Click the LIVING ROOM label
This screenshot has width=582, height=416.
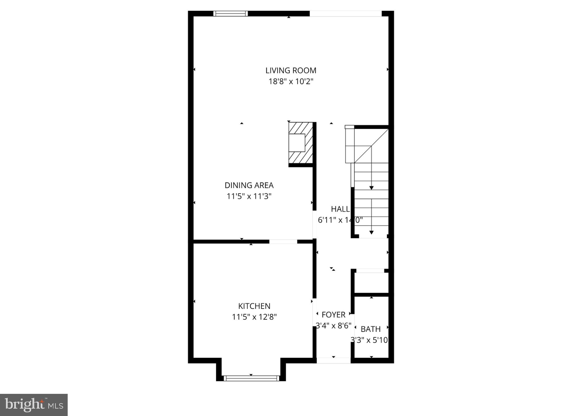point(291,70)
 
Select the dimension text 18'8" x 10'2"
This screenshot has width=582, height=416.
point(291,82)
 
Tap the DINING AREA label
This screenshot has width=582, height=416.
point(249,185)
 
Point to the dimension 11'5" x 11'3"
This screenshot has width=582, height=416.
point(249,196)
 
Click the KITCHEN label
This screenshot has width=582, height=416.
point(254,306)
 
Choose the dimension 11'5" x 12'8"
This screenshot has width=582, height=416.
point(254,317)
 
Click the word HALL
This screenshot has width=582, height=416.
point(340,209)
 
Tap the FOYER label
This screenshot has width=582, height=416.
point(333,315)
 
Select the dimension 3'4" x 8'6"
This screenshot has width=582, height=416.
point(333,326)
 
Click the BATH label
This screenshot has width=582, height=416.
point(370,329)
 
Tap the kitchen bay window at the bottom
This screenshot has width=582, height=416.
point(251,378)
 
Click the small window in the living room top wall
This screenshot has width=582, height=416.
point(231,13)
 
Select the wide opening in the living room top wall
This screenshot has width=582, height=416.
point(345,13)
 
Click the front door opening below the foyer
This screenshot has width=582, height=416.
point(333,360)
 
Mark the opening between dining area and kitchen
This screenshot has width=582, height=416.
point(283,242)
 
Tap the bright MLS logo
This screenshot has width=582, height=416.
point(34,405)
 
